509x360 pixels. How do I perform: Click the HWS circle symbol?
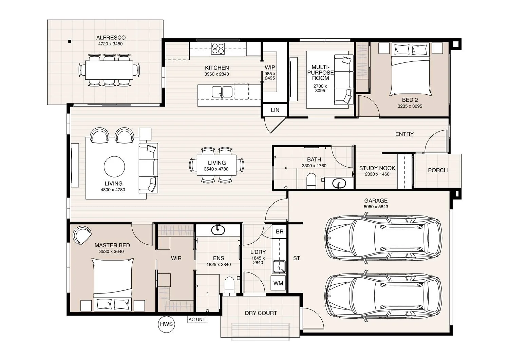[x=166, y=324]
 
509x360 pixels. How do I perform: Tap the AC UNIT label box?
[x=197, y=320]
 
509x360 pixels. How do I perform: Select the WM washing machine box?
[x=278, y=283]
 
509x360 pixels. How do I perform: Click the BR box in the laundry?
[x=280, y=232]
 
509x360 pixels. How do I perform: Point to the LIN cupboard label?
[x=275, y=110]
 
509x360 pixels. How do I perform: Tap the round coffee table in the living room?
[x=114, y=167]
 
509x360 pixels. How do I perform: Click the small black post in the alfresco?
[x=70, y=41]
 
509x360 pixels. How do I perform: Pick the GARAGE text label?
[x=376, y=201]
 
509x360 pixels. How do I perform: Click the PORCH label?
[x=437, y=170]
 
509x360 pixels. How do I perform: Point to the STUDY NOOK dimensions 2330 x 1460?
[x=377, y=174]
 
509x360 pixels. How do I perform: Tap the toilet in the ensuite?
[x=230, y=284]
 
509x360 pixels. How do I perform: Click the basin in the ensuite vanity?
[x=218, y=230]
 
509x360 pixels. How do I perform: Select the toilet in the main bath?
[x=311, y=181]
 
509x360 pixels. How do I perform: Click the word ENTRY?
[x=404, y=134]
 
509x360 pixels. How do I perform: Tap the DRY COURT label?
[x=261, y=313]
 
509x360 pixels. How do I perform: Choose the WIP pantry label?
[x=270, y=68]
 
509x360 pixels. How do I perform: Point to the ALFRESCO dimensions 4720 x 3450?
[x=110, y=44]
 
